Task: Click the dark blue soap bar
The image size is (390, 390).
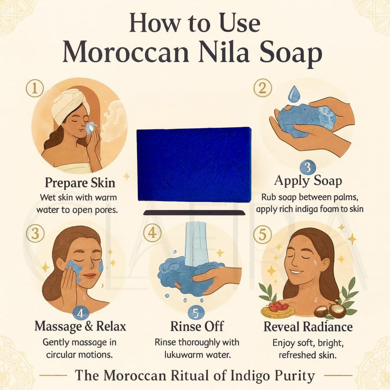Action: tap(194, 165)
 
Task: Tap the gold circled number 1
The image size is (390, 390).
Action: tap(35, 88)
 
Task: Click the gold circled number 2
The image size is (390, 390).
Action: tap(262, 88)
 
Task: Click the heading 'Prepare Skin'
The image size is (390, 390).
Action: tap(80, 183)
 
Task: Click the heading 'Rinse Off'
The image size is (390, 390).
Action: tap(197, 326)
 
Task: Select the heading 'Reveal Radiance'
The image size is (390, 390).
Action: tap(308, 327)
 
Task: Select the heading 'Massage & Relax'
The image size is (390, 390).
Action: tap(80, 326)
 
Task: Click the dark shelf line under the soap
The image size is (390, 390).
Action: tap(194, 213)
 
